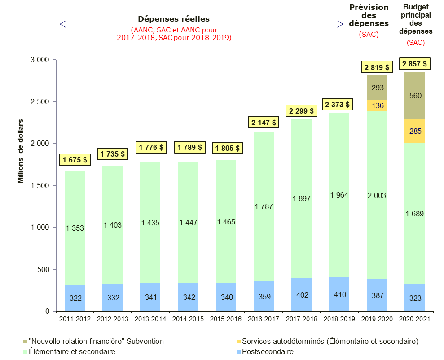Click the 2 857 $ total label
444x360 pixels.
click(414, 64)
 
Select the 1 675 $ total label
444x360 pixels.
click(75, 159)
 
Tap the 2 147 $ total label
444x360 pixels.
click(264, 122)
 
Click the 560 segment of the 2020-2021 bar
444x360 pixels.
click(415, 96)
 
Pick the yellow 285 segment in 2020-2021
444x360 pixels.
click(415, 131)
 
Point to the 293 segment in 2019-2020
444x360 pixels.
click(377, 88)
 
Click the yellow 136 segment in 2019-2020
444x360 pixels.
click(377, 105)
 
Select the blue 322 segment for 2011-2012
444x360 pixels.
click(75, 298)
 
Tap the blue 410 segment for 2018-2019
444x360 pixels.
click(339, 297)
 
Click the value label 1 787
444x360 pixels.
click(264, 206)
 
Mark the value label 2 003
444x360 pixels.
click(377, 195)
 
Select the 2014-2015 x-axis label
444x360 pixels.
click(188, 319)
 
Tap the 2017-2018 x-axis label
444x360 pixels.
click(301, 319)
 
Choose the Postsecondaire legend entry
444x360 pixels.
click(268, 352)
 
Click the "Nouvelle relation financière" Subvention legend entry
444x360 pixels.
click(96, 342)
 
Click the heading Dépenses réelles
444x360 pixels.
click(173, 19)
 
